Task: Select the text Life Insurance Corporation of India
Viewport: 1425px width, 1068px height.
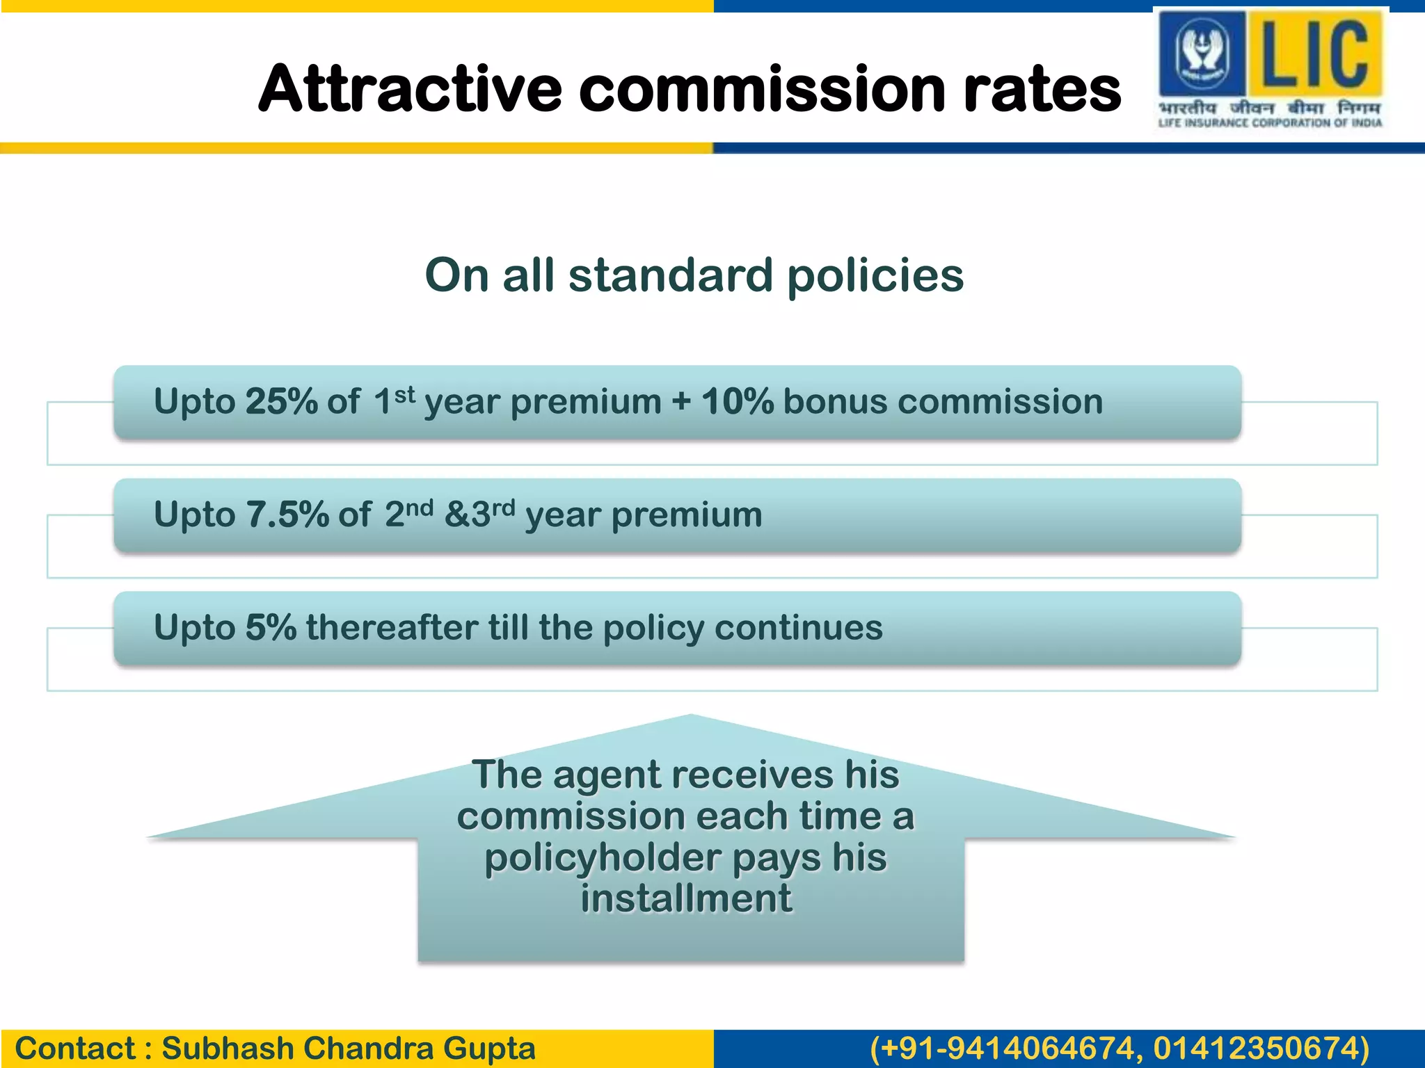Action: point(1270,123)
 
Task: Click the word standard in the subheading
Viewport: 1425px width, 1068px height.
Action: point(671,275)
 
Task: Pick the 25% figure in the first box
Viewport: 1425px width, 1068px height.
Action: point(281,402)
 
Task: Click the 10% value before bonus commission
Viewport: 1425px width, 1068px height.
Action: point(737,402)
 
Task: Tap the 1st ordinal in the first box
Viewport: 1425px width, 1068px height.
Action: point(394,401)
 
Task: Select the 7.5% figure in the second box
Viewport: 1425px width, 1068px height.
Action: point(287,515)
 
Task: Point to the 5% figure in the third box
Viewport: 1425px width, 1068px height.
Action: point(271,628)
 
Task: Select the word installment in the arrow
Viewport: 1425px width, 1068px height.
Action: point(686,898)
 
